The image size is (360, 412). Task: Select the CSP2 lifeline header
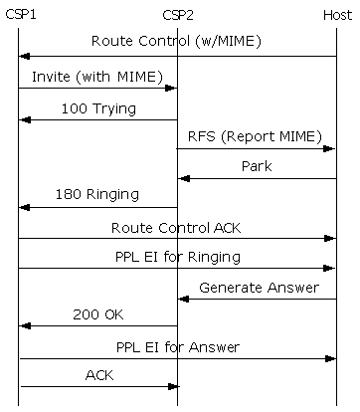pyautogui.click(x=178, y=15)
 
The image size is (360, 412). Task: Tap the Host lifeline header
pyautogui.click(x=337, y=15)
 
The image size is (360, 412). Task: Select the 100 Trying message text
pyautogui.click(x=98, y=106)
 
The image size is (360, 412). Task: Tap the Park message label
pyautogui.click(x=257, y=166)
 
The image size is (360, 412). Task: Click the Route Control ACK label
pyautogui.click(x=176, y=227)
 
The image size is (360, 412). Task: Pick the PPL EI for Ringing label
pyautogui.click(x=177, y=257)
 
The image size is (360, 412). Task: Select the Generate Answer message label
pyautogui.click(x=259, y=288)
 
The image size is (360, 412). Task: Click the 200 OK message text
pyautogui.click(x=97, y=314)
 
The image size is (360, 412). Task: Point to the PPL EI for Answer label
pyautogui.click(x=177, y=347)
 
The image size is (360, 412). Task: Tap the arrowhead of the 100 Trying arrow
pyautogui.click(x=24, y=119)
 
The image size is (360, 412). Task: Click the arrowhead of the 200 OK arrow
pyautogui.click(x=24, y=325)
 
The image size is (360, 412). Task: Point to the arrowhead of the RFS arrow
pyautogui.click(x=331, y=149)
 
